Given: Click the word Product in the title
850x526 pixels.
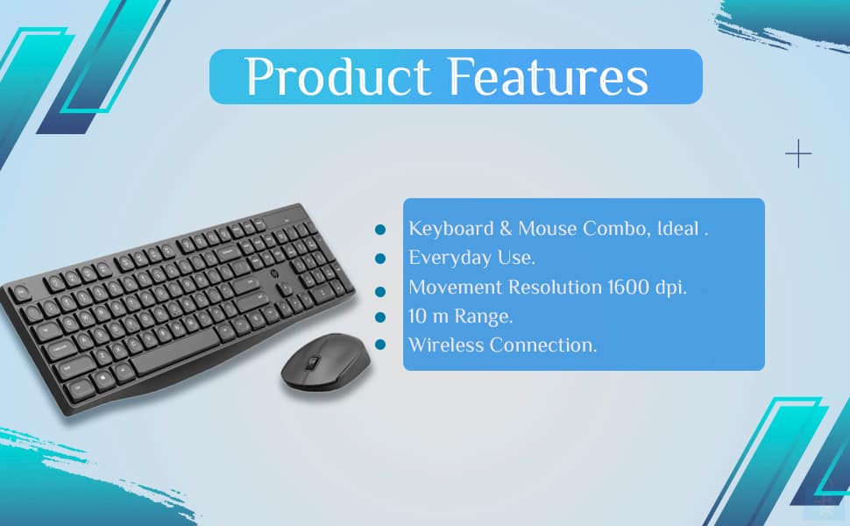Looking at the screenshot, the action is click(x=337, y=76).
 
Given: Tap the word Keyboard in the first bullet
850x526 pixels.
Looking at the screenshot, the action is click(x=451, y=229).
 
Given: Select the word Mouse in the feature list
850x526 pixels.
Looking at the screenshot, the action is click(x=547, y=228).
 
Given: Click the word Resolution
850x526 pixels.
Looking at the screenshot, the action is click(x=555, y=287).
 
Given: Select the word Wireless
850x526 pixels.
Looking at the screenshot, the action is click(x=446, y=345).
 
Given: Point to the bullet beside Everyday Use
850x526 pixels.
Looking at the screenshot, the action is click(x=380, y=259).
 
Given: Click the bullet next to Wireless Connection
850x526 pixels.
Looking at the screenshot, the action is click(x=380, y=345).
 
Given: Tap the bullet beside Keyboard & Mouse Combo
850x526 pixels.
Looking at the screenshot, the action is click(x=380, y=230).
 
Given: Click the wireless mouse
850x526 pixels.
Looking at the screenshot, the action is click(x=326, y=362).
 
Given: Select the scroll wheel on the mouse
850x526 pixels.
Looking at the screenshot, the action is click(x=312, y=363).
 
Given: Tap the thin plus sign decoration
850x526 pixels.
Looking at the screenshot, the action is click(x=798, y=153).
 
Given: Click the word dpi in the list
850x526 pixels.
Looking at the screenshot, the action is click(x=671, y=288).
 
